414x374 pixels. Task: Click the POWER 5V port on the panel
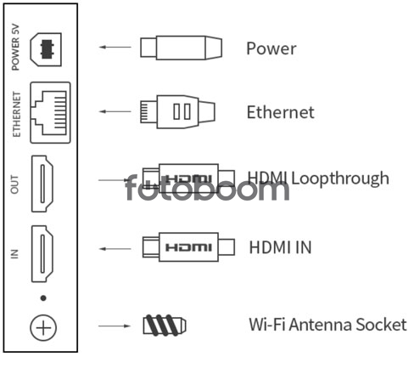pos(46,49)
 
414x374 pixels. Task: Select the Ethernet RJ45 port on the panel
pos(50,112)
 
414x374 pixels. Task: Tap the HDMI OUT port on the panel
pos(42,184)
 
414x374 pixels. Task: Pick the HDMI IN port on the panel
pos(42,253)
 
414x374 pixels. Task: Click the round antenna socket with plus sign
pos(43,328)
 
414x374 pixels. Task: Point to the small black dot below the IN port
pos(43,298)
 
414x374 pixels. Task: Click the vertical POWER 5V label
pos(15,47)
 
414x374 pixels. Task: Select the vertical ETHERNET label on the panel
pos(16,114)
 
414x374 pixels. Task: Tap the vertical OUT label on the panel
pos(14,184)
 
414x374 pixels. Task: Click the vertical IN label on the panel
pos(14,254)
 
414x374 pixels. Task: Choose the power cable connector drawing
pos(181,48)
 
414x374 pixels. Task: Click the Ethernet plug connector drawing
pos(177,112)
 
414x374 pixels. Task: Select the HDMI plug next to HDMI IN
pos(188,247)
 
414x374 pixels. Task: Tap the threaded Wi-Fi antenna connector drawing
pos(165,326)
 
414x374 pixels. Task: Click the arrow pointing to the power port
pos(115,47)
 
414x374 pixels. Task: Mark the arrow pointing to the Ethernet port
pos(115,111)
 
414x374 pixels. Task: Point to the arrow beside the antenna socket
pos(115,326)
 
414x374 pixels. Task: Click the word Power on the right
pos(271,48)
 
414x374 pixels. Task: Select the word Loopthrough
pos(340,178)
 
